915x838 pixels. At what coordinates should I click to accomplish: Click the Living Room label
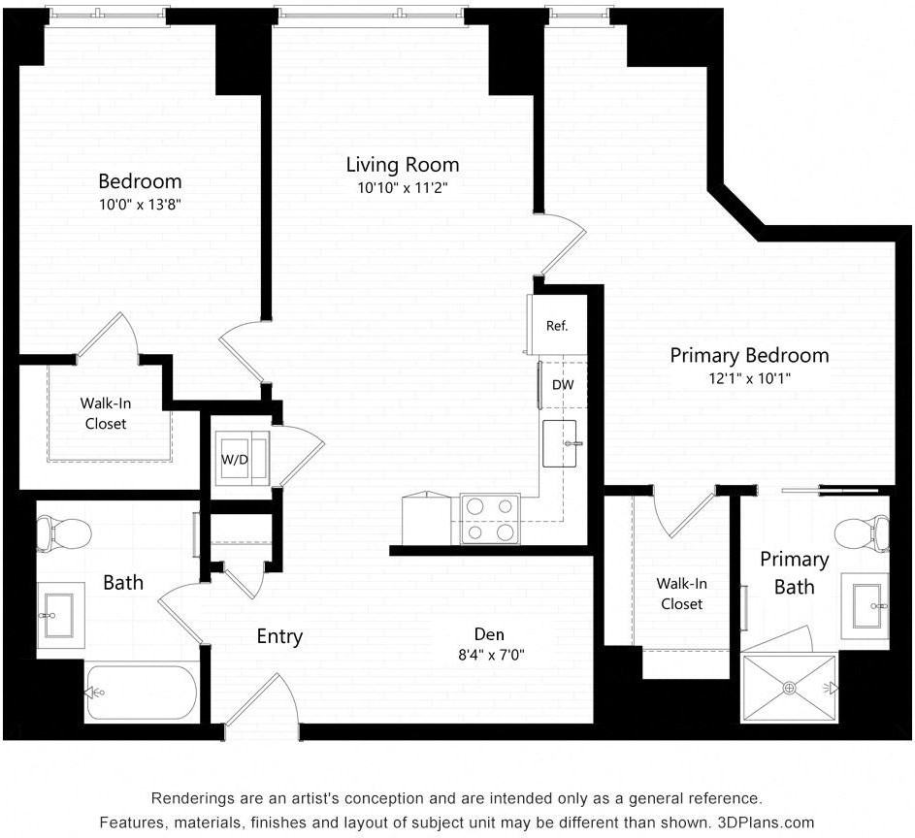[403, 165]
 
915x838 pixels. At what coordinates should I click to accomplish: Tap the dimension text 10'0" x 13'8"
[140, 205]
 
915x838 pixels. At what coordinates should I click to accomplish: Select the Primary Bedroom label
[749, 355]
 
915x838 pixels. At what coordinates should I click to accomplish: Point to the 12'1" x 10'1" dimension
[750, 378]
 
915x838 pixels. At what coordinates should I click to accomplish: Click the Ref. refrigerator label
[557, 326]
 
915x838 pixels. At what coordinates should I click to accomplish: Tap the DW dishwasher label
[563, 385]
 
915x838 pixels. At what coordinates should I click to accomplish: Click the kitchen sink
[560, 444]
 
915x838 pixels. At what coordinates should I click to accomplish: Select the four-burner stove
[490, 519]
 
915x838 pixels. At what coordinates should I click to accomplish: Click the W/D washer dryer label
[235, 460]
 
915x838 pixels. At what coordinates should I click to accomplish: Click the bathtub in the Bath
[142, 693]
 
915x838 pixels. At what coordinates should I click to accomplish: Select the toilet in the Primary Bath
[863, 532]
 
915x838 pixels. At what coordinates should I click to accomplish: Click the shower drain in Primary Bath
[790, 689]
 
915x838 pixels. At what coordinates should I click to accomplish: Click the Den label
[489, 634]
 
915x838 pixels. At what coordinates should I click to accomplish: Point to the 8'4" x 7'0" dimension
[491, 655]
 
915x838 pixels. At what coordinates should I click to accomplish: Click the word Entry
[280, 637]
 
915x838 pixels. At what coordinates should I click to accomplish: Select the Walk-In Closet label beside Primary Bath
[681, 594]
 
